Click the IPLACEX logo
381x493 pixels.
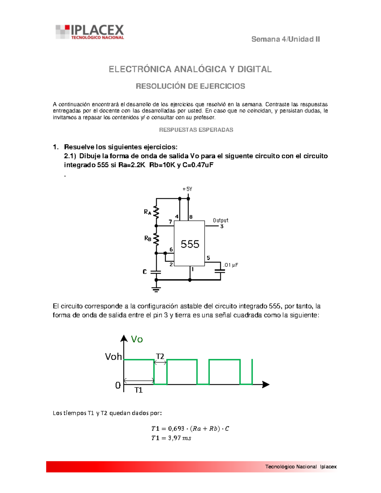pos(90,32)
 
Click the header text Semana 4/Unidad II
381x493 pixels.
pos(285,39)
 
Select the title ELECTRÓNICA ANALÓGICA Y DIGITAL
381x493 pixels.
pos(190,69)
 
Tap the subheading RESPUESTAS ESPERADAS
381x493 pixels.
pos(196,130)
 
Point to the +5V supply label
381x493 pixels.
pos(187,189)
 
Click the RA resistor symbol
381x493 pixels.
pos(156,212)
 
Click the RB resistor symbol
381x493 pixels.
pos(156,239)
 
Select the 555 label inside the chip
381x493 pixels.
pos(190,244)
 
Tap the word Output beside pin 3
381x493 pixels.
pos(220,220)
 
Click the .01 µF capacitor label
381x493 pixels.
pos(231,265)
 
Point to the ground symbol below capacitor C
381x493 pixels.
pos(156,289)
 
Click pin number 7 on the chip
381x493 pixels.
pos(170,222)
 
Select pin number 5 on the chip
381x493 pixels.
pos(208,258)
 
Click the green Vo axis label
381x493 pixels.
pos(137,339)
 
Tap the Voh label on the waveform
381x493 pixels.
pos(113,357)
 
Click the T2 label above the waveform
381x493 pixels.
pos(160,356)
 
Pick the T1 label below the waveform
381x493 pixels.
pos(138,390)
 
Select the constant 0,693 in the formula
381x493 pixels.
pos(176,429)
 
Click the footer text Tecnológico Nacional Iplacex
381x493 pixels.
pos(301,467)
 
